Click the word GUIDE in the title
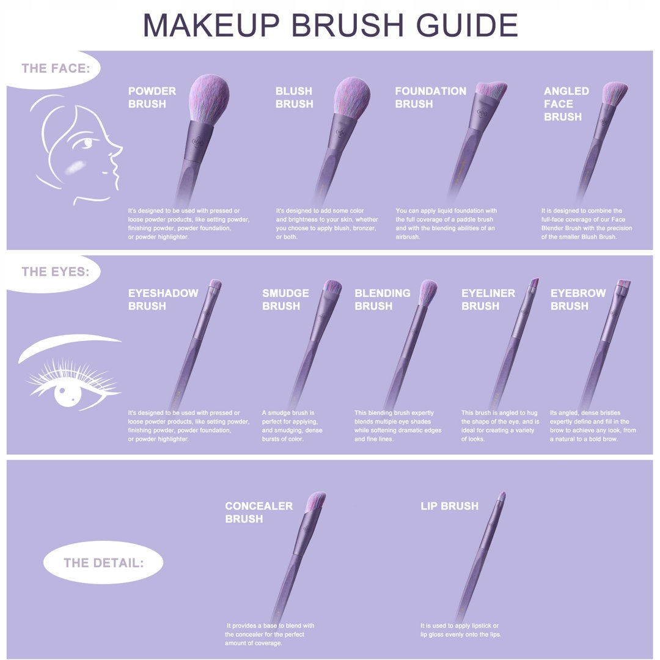tap(467, 25)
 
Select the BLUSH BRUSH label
tap(294, 97)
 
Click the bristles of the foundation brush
tap(491, 89)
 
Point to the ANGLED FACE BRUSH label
tap(566, 103)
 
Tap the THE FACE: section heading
tap(56, 68)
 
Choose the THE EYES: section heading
tap(56, 271)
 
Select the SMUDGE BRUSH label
tap(285, 299)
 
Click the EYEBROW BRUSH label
tap(578, 299)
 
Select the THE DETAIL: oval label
tap(103, 562)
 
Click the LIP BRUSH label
tap(450, 506)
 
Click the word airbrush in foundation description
tap(408, 237)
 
